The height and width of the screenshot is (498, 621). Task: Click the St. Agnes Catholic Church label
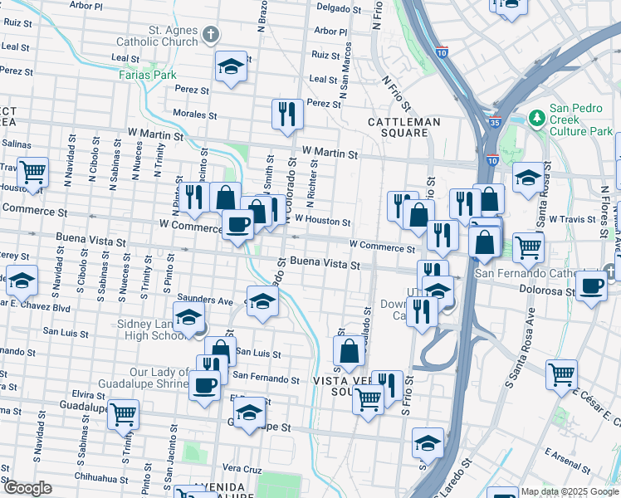tap(174, 36)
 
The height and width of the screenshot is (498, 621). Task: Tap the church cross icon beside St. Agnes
tap(213, 35)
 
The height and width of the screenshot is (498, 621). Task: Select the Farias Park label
tap(153, 75)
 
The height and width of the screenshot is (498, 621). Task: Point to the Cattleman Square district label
tap(404, 126)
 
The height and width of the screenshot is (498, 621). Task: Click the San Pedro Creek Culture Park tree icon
tap(536, 120)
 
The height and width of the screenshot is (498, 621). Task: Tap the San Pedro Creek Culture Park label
tap(581, 120)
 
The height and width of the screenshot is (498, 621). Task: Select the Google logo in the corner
tap(27, 487)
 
